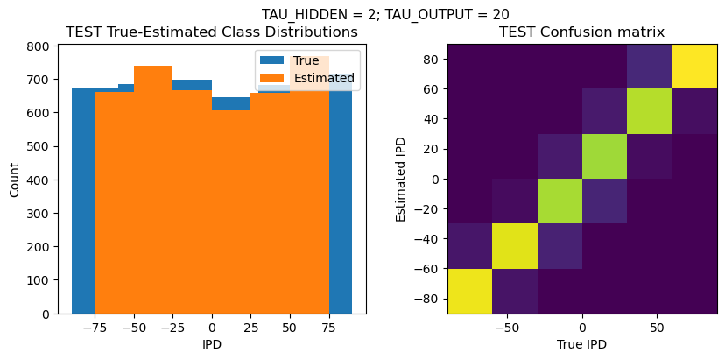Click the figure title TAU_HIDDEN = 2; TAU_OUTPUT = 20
point(385,14)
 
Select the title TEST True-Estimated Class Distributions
point(212,32)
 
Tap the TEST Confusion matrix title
point(581,32)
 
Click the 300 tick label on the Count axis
point(40,214)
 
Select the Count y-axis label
point(14,179)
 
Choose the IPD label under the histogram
point(212,344)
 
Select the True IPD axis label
point(581,344)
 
